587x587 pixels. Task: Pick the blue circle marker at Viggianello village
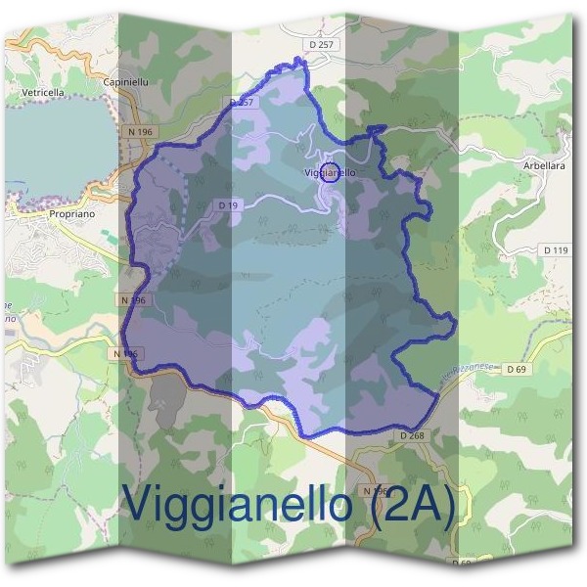(331, 174)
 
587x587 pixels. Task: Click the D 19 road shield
(228, 204)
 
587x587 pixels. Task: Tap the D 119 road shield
(555, 250)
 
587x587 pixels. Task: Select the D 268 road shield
(412, 433)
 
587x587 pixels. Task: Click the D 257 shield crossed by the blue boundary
(242, 102)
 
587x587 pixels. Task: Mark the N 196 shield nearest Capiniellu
(142, 131)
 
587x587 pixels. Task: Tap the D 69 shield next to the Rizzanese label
(518, 369)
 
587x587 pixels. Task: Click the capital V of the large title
(138, 504)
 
